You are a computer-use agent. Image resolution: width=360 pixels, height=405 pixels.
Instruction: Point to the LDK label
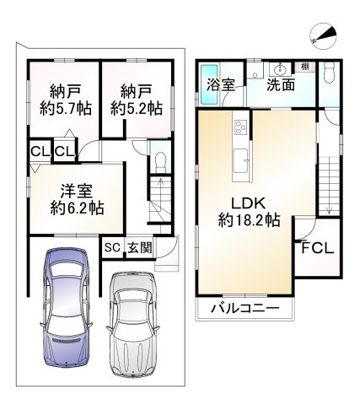pyautogui.click(x=238, y=201)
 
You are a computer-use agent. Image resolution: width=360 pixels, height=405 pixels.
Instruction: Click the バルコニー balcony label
pyautogui.click(x=250, y=310)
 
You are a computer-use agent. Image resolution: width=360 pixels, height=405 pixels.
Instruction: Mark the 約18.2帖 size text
pyautogui.click(x=237, y=220)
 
